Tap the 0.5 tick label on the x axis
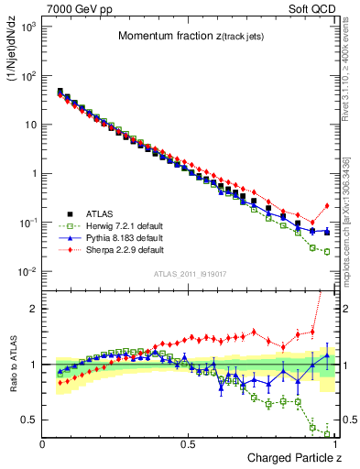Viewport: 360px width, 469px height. (x=188, y=443)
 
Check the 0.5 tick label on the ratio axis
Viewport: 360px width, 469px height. (x=27, y=420)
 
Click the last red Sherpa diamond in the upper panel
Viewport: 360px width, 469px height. (x=327, y=205)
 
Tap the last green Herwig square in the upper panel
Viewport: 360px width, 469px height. (x=327, y=252)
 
